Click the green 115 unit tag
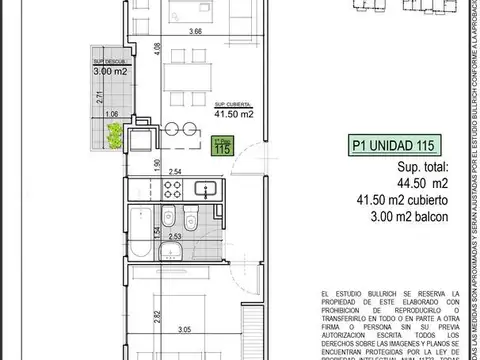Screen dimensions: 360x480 (222, 147)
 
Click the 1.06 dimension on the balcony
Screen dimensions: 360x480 (111, 116)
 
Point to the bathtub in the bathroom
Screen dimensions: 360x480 (141, 223)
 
